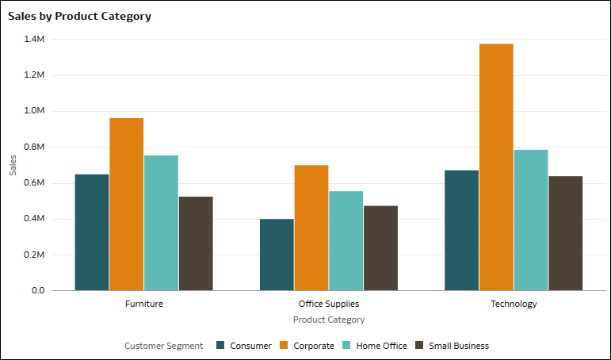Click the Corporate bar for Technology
(496, 167)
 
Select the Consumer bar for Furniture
(92, 232)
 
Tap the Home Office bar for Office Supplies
(346, 240)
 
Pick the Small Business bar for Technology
(565, 233)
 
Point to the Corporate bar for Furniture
(127, 204)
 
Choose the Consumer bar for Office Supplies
(277, 255)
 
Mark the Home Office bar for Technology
(530, 220)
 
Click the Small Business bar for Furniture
(196, 243)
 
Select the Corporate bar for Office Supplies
(311, 228)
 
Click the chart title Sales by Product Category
(79, 16)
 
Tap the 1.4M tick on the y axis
(34, 39)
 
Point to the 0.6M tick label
(34, 182)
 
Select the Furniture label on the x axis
(144, 304)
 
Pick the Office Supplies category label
(329, 304)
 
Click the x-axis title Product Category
(329, 320)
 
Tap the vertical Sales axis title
(13, 164)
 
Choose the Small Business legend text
(459, 346)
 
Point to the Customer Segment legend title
(163, 346)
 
